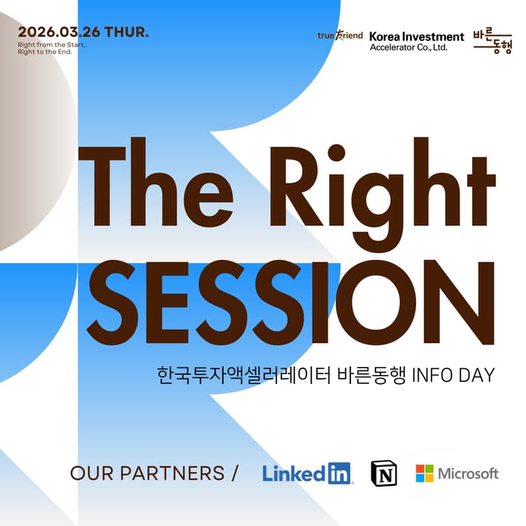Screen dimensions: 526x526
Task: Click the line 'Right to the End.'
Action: tap(45, 51)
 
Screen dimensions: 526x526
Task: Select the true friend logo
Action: tap(340, 36)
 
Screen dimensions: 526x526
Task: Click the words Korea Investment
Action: tap(416, 36)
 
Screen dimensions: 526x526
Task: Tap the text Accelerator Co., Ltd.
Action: tap(408, 47)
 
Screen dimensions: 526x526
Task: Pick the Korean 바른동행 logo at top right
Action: tap(492, 41)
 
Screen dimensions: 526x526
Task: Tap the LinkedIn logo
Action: tap(307, 473)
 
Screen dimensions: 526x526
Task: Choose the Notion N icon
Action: tap(385, 473)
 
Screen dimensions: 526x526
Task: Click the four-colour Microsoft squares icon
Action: tap(425, 473)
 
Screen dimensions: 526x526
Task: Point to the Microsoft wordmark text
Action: tap(468, 473)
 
